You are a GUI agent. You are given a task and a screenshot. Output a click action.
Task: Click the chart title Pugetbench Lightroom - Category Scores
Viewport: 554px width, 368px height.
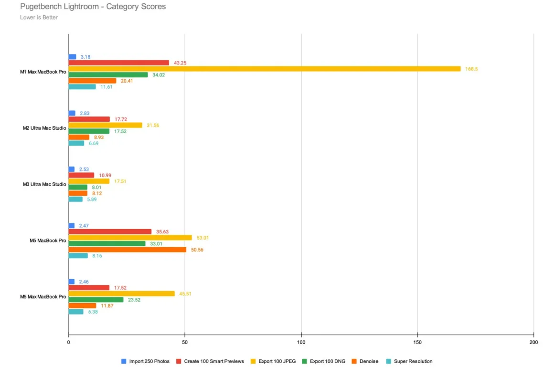click(93, 7)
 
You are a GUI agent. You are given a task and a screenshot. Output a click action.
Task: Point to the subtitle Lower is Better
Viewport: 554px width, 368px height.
click(39, 18)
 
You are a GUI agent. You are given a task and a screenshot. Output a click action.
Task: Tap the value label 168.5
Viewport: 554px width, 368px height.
click(471, 69)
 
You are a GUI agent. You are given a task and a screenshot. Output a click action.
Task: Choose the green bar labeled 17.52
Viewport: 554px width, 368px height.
click(89, 131)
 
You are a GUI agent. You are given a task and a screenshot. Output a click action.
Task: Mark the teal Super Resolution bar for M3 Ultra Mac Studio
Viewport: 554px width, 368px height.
click(75, 199)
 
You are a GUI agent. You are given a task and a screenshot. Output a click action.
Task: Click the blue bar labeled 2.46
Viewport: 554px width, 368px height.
click(72, 282)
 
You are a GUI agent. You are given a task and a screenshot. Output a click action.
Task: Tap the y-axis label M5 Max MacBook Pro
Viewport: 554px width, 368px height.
click(43, 297)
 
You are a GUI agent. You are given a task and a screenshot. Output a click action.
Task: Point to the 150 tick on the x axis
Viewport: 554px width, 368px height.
click(417, 342)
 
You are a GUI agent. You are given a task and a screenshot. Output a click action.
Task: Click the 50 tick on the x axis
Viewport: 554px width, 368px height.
click(185, 342)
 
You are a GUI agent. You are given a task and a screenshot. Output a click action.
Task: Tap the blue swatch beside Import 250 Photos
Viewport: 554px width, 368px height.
click(124, 361)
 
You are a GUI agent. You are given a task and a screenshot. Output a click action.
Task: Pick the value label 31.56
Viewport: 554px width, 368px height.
click(153, 125)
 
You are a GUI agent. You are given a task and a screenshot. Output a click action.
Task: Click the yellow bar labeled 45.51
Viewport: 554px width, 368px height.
click(121, 294)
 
